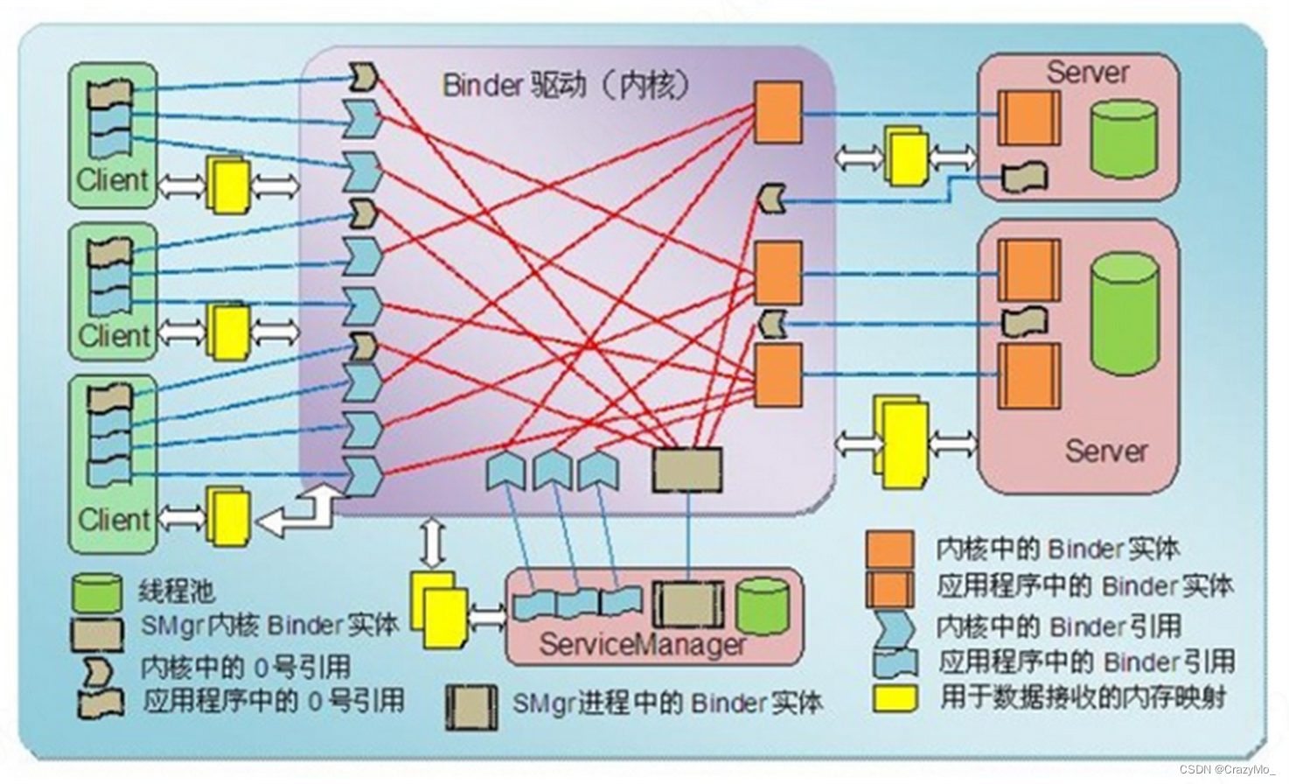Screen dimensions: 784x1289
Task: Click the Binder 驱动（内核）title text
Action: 566,86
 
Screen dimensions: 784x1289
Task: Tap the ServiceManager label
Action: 643,646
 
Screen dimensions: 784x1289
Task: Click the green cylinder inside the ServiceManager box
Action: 763,605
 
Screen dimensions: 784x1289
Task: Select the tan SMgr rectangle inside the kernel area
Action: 687,470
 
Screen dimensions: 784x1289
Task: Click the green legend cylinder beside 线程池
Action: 97,593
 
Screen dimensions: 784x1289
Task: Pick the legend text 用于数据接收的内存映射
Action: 1083,697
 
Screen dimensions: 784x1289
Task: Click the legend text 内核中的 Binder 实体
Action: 1057,549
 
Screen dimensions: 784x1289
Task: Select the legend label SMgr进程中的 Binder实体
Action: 666,703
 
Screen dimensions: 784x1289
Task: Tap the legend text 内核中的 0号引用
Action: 245,668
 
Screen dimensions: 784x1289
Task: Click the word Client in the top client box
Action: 113,180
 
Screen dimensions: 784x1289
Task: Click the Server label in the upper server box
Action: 1088,73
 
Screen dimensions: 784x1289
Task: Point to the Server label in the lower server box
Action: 1106,451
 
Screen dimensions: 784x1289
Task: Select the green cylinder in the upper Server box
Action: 1124,139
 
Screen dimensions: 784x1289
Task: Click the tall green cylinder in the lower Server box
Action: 1125,313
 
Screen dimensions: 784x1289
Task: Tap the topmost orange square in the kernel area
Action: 777,113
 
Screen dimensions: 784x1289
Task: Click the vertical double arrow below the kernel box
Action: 433,542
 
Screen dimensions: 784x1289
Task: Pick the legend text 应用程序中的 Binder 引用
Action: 1086,661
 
